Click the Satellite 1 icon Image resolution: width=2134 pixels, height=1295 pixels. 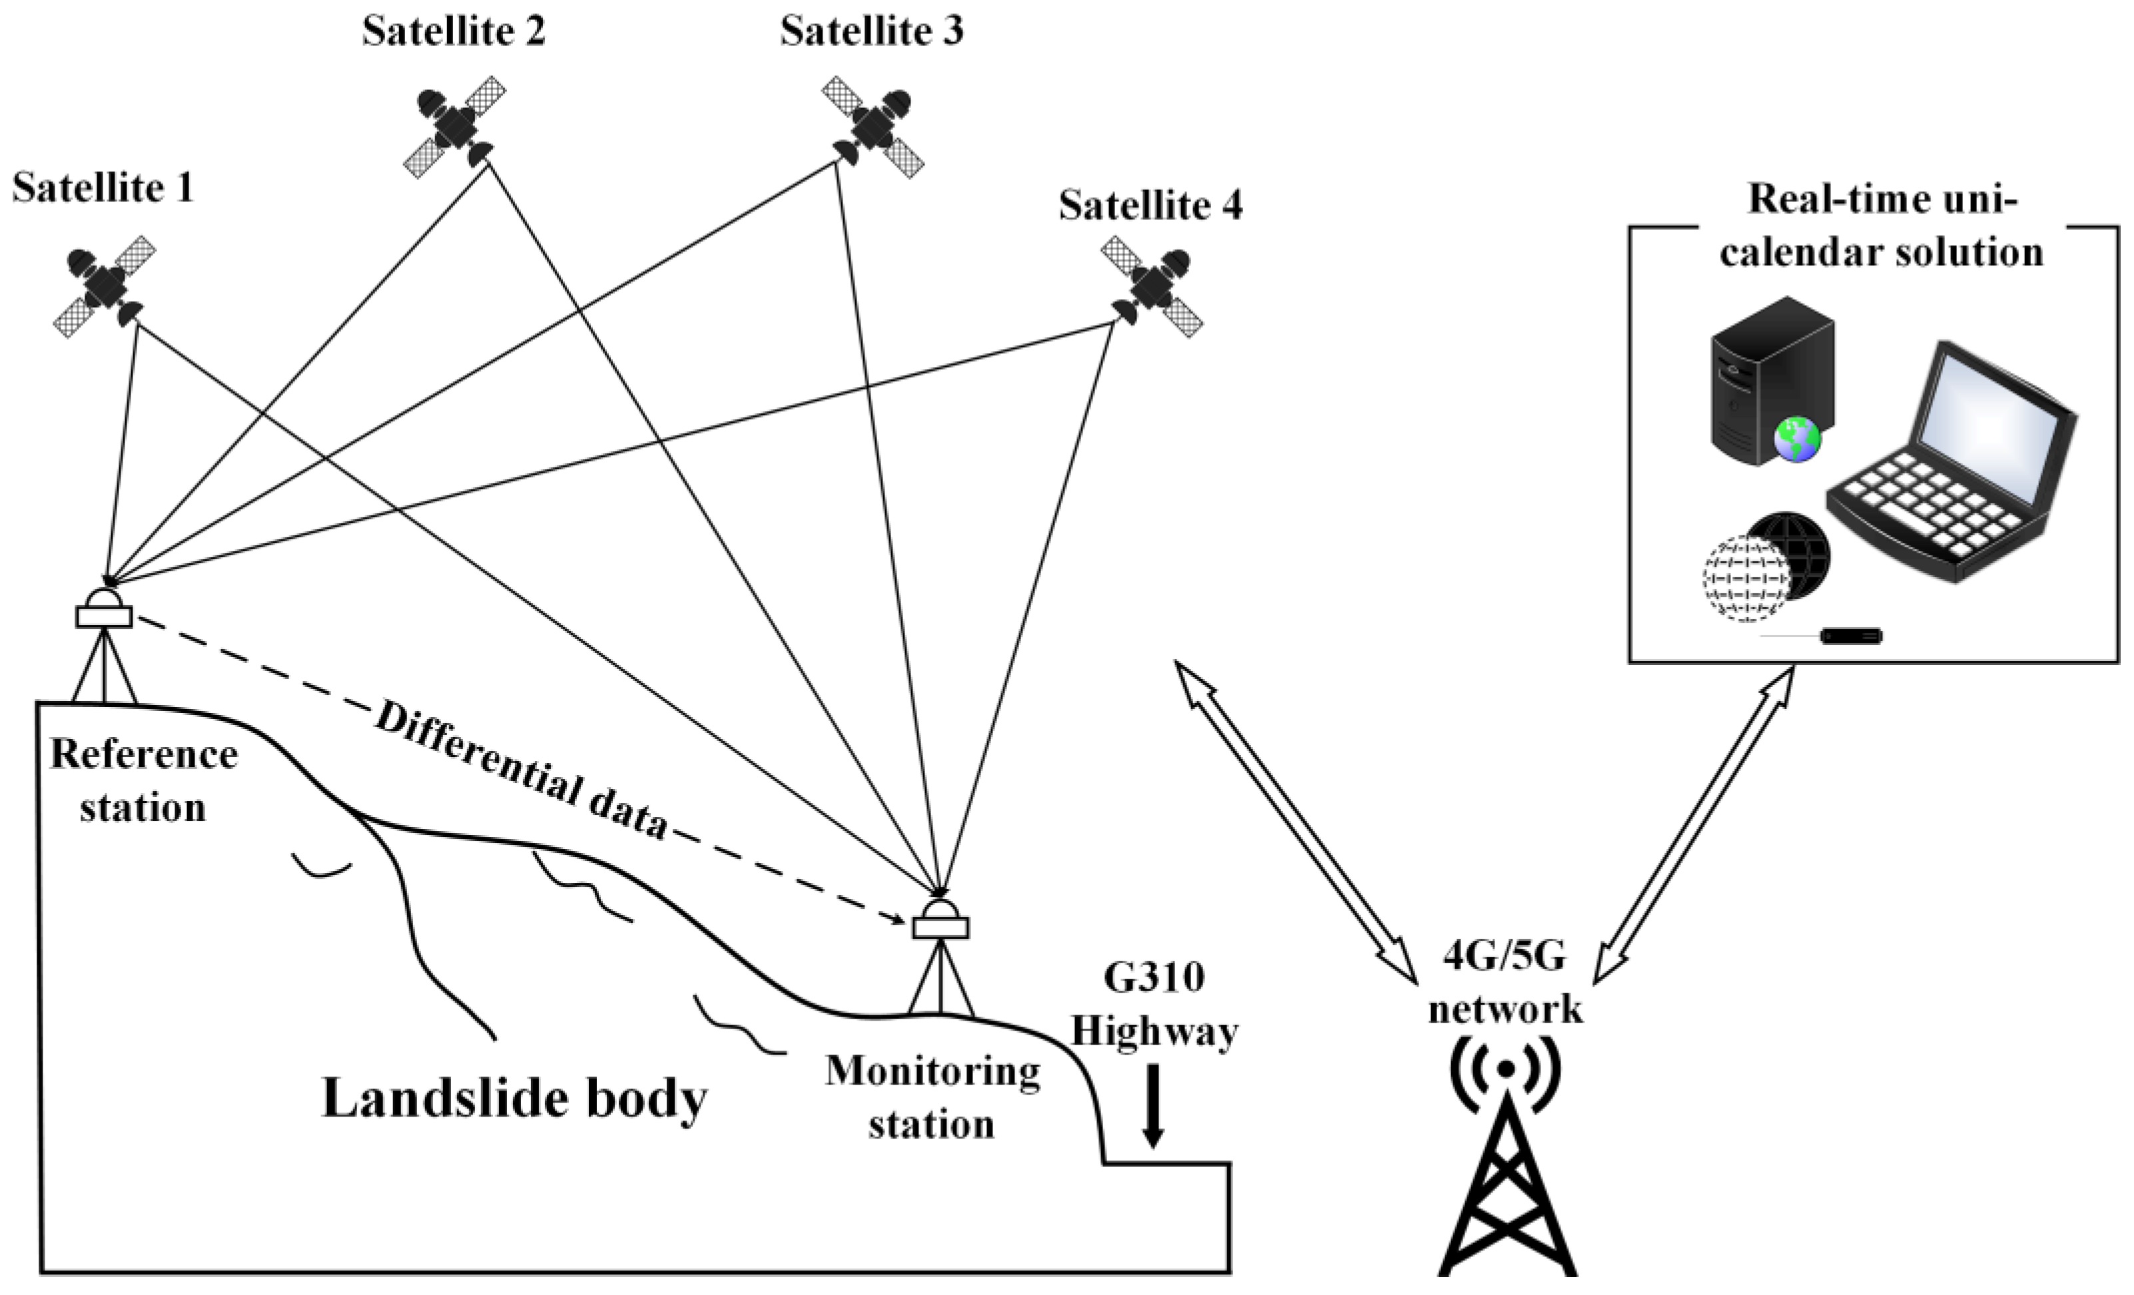point(104,286)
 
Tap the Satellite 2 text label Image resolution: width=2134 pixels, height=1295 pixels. point(454,32)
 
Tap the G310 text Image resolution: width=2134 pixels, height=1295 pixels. point(1154,978)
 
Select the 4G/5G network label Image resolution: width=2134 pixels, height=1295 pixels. point(1505,983)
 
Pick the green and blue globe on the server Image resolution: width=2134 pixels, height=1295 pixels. point(1797,439)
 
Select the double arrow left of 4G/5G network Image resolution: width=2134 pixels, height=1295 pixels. point(1295,822)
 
